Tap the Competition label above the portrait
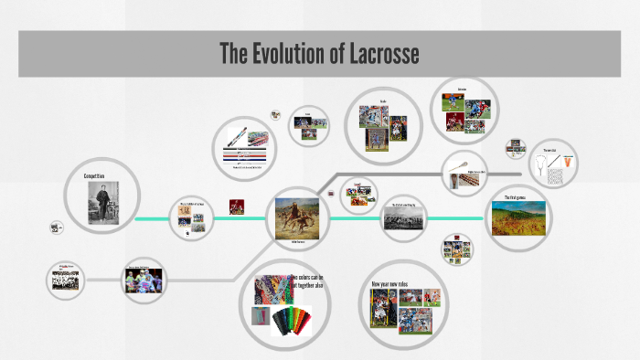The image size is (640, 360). pos(94,175)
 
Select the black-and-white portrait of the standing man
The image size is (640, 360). pos(101,202)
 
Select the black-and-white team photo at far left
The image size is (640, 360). pos(64,279)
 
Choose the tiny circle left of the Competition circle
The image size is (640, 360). pos(57,227)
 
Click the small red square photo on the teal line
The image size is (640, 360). pos(237,206)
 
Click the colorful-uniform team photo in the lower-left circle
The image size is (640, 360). pos(144,281)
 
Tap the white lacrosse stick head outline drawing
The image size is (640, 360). pos(545,164)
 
